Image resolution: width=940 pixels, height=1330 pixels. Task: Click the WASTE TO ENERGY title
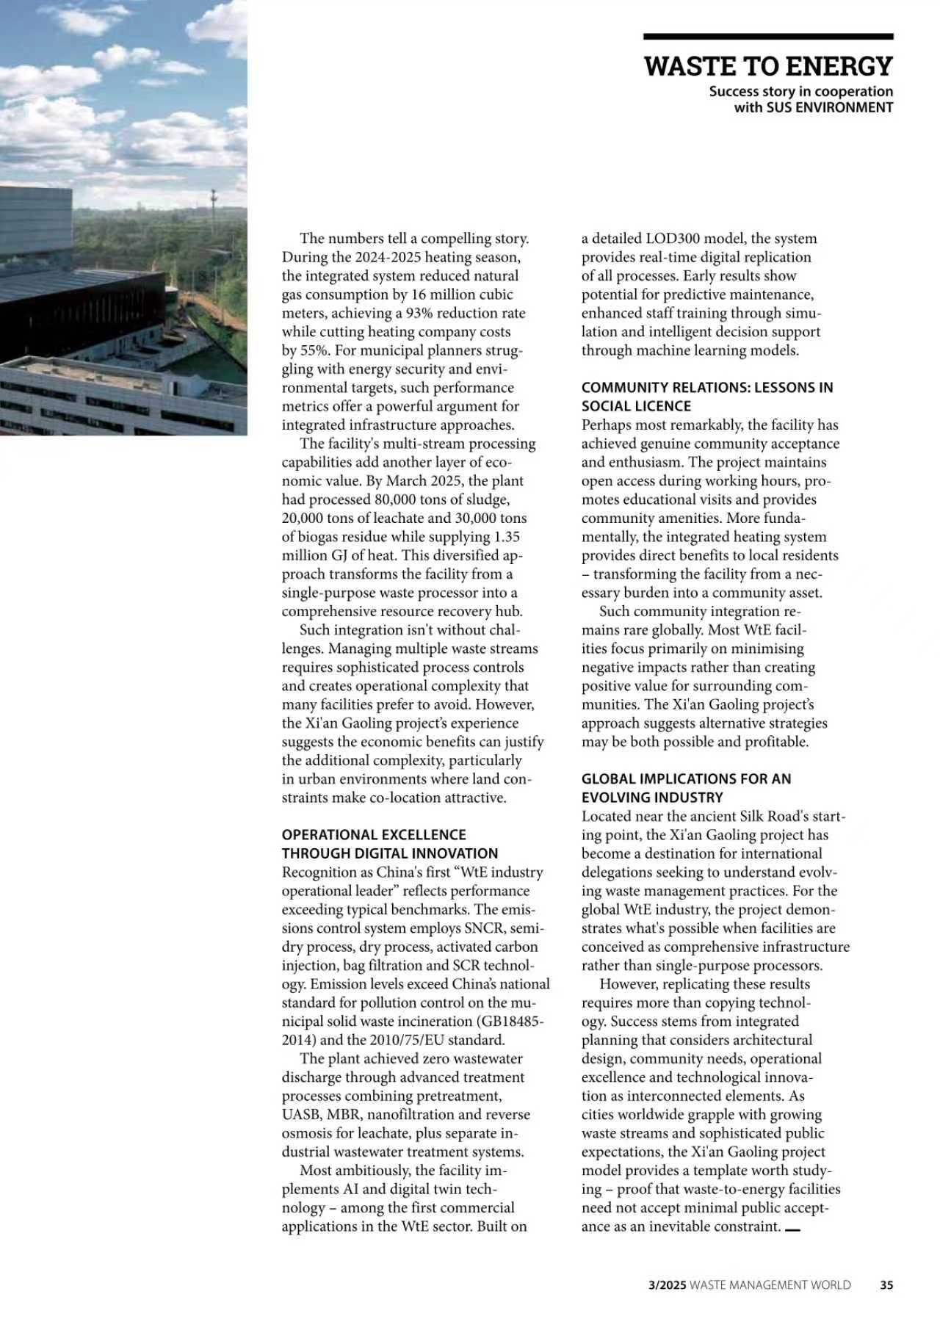click(x=768, y=66)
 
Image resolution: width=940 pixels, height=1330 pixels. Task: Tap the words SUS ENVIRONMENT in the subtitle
click(x=829, y=107)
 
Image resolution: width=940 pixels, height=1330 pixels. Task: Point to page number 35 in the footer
click(x=886, y=1284)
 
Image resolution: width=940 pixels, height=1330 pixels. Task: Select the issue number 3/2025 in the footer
click(x=667, y=1284)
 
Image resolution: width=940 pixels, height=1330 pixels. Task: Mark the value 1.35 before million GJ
click(x=512, y=537)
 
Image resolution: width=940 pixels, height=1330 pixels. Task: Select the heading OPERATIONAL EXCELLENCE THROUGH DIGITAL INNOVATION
click(x=389, y=844)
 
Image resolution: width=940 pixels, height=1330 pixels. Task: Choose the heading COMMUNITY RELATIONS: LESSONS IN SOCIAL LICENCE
click(x=706, y=397)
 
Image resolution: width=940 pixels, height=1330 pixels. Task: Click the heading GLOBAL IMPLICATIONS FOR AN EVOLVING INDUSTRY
click(x=686, y=788)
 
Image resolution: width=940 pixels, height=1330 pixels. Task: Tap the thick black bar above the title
click(x=768, y=36)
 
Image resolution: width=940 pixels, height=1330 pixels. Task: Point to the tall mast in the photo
click(x=213, y=202)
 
